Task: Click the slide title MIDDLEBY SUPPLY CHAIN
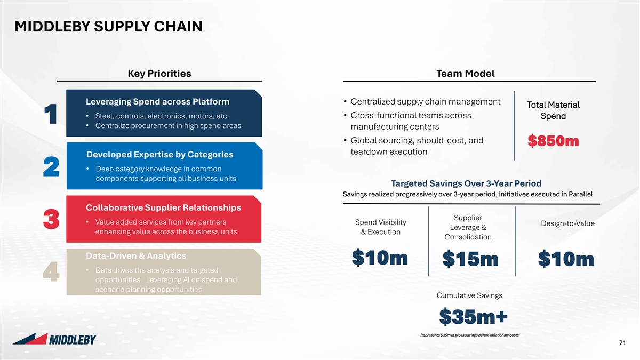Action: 109,26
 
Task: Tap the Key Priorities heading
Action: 159,74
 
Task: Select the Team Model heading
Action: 466,74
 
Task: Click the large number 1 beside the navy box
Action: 51,114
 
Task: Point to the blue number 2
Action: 51,166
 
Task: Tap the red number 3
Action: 51,219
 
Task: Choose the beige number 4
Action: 51,271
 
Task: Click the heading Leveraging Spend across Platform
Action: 158,101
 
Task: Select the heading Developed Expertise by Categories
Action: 159,154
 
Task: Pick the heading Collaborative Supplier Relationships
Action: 163,207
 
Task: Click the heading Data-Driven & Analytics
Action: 136,255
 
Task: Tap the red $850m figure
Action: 553,141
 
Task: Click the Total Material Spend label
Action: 553,110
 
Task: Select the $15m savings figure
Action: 470,259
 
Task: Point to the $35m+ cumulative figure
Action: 473,317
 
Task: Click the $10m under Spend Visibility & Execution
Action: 380,258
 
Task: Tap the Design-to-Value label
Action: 567,223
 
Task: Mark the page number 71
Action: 622,342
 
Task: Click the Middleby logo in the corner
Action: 54,339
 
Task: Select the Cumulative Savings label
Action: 469,295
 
